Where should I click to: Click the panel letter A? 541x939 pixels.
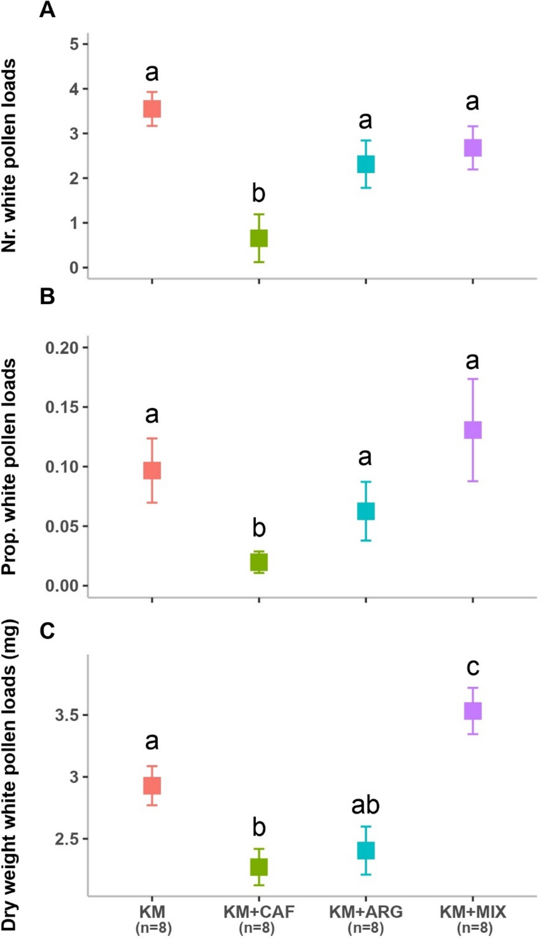coord(47,10)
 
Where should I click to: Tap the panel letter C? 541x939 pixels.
coord(47,631)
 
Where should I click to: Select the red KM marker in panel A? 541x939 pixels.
coord(152,109)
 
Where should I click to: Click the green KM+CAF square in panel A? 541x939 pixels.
coord(259,238)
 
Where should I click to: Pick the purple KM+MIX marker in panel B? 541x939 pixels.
coord(473,430)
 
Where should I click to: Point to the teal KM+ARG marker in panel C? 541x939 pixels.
coord(366,850)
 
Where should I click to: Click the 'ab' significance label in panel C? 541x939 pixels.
coord(365,805)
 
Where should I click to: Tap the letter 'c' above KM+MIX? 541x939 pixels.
coord(473,667)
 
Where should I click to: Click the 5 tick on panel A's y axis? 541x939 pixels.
coord(74,44)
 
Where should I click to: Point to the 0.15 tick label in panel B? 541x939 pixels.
coord(61,407)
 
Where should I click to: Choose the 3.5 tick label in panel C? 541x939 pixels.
coord(67,715)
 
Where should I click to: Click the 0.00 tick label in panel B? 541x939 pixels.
coord(61,586)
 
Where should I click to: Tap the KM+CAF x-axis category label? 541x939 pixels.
coord(259,912)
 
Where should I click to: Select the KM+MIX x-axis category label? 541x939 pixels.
coord(473,912)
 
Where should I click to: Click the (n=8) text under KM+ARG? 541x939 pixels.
coord(366,927)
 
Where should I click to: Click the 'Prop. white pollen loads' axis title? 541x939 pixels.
coord(9,467)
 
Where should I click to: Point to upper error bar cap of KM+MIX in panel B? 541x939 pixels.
coord(473,379)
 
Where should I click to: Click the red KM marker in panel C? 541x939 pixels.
coord(152,786)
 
